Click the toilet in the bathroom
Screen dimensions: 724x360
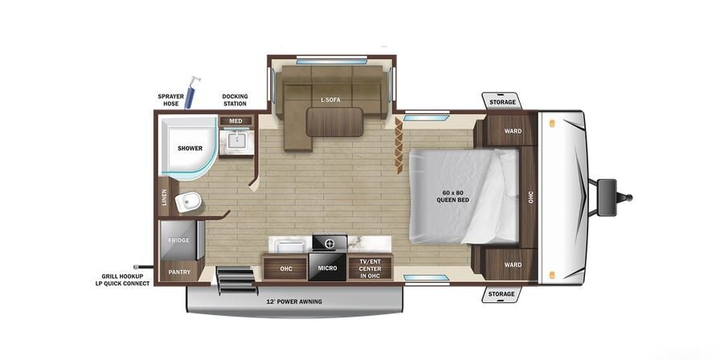click(187, 201)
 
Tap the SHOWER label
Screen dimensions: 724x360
click(190, 148)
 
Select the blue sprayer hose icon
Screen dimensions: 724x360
click(191, 92)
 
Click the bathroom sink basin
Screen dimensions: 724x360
click(236, 140)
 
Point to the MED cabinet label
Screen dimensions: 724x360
click(236, 121)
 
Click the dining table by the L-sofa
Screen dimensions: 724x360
click(335, 122)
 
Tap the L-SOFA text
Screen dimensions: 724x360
click(330, 100)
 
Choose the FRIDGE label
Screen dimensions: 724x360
click(178, 240)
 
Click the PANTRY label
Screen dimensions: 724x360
click(179, 272)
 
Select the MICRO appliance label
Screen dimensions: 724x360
click(327, 268)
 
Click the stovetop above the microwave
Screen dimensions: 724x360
click(329, 243)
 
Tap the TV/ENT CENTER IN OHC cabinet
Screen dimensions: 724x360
click(370, 268)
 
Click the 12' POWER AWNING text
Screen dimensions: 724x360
click(293, 302)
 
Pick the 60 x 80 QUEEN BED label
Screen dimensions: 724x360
click(453, 196)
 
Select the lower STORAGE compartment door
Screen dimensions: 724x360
click(501, 294)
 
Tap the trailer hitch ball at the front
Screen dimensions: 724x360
click(629, 198)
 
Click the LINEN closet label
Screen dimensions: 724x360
click(164, 198)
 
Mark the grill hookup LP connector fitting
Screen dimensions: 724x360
click(137, 267)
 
